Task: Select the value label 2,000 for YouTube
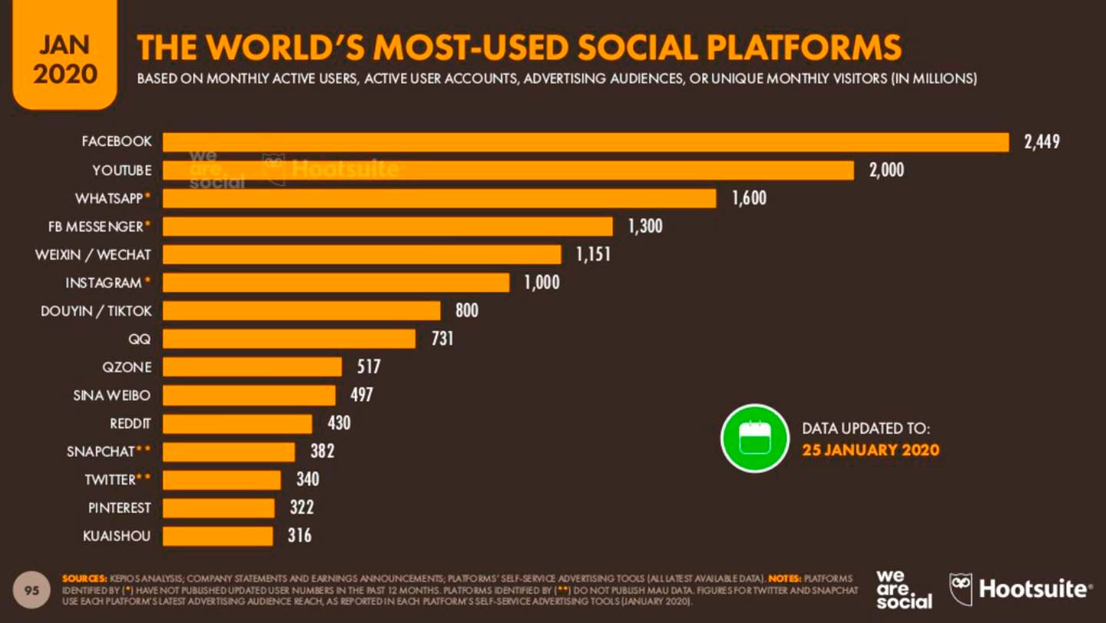(886, 171)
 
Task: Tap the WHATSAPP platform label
(110, 198)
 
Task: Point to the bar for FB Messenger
(388, 227)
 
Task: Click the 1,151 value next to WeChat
(593, 254)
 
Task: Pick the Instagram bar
(336, 283)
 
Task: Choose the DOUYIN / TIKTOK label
(96, 310)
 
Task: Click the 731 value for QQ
(442, 339)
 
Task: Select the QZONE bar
(252, 366)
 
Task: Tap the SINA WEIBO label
(112, 395)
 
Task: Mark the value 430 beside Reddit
(339, 423)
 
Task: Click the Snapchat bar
(229, 452)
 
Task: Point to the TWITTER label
(111, 479)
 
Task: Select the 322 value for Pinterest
(301, 508)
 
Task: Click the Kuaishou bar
(218, 535)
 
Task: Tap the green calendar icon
(754, 438)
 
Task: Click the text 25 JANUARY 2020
(870, 450)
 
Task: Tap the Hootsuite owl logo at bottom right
(961, 589)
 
